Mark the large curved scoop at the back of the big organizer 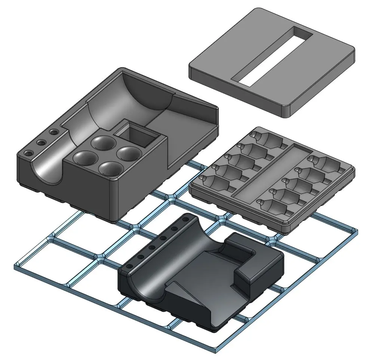coord(146,95)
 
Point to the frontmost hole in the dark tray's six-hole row coord(129,266)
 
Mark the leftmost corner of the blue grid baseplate coord(15,266)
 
